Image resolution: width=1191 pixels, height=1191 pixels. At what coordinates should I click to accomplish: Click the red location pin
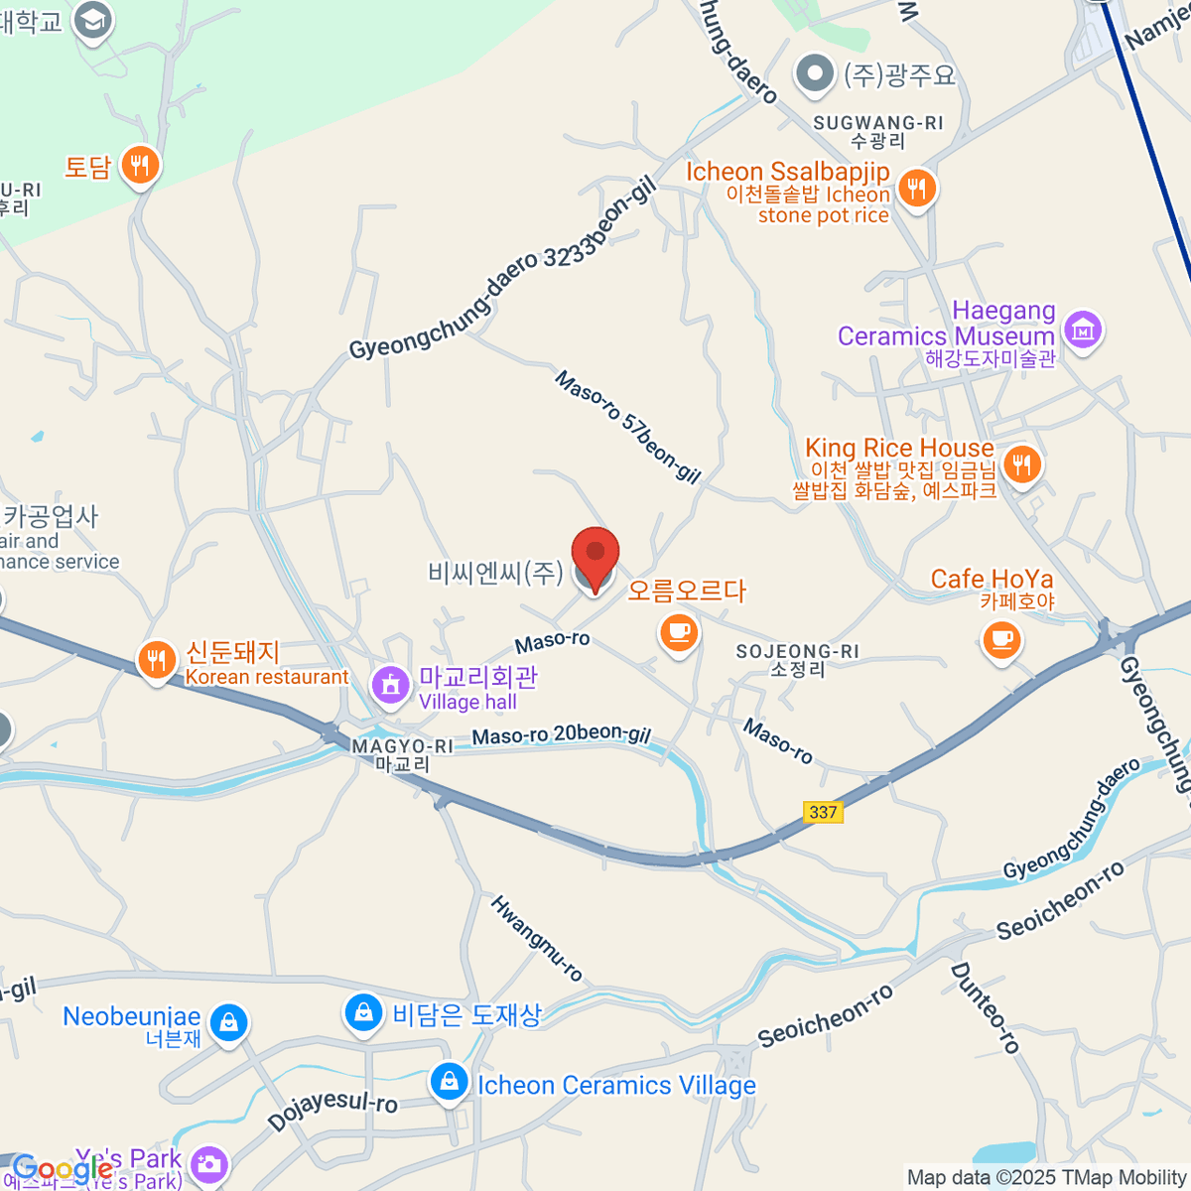click(595, 554)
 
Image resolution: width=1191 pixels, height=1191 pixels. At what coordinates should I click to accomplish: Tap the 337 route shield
click(823, 812)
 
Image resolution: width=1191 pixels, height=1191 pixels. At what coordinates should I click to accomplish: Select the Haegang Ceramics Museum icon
click(1083, 330)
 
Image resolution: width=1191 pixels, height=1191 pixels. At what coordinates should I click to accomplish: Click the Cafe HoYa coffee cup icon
click(1001, 638)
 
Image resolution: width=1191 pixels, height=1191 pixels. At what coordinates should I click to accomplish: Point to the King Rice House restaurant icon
click(1020, 463)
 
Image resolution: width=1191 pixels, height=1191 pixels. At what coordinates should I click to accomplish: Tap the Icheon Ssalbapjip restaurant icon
click(916, 187)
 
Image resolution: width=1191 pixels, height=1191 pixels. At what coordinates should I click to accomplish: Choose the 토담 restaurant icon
click(140, 166)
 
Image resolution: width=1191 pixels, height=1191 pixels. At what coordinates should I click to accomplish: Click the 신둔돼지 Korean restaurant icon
click(156, 660)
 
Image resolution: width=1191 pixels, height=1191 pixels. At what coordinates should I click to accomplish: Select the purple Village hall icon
click(391, 684)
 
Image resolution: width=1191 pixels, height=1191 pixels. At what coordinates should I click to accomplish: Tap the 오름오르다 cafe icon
click(679, 632)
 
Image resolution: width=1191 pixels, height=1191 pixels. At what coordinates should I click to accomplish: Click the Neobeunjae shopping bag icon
click(229, 1021)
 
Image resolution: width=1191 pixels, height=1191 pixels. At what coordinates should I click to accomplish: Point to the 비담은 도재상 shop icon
click(364, 1012)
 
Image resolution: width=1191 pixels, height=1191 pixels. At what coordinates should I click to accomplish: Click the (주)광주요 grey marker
click(816, 73)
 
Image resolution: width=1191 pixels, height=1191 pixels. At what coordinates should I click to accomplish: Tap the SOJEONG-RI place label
click(798, 660)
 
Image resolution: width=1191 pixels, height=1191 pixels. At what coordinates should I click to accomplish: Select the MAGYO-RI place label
click(402, 754)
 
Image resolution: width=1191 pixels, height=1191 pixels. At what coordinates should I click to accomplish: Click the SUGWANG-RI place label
click(878, 131)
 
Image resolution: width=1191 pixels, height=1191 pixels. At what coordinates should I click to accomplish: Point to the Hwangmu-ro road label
click(537, 938)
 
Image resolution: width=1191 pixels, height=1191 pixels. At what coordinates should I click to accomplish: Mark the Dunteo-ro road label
click(985, 1007)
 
